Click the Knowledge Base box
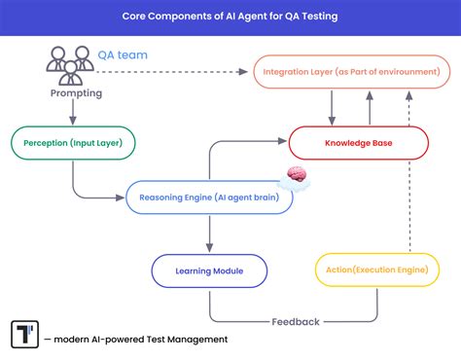[358, 144]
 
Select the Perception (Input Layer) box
[73, 144]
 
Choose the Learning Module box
[210, 270]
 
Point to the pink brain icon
[298, 177]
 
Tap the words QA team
[123, 55]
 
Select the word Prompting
[74, 93]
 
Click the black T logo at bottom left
[23, 334]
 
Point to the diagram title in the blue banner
[230, 17]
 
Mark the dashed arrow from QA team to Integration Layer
[195, 71]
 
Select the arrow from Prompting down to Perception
[74, 113]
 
